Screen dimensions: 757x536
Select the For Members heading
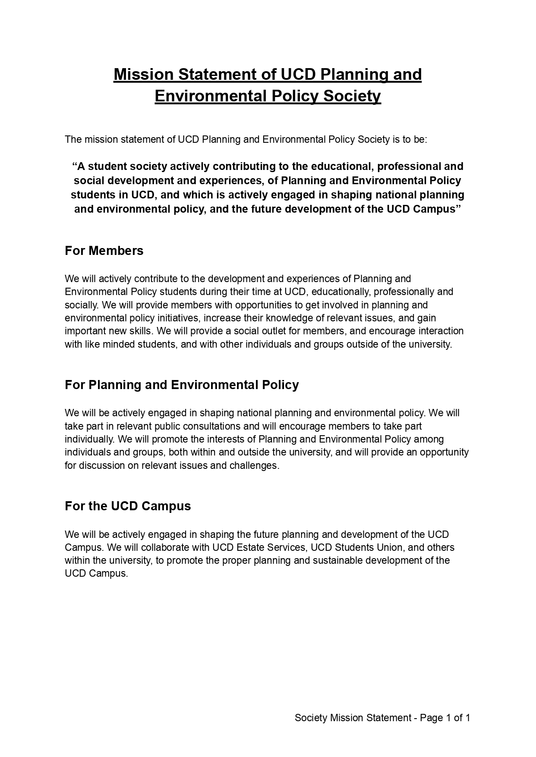[104, 251]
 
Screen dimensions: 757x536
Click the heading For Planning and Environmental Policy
[182, 385]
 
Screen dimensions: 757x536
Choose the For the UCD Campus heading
[128, 506]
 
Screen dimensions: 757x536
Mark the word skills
[144, 331]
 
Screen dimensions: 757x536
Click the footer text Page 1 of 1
[445, 718]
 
